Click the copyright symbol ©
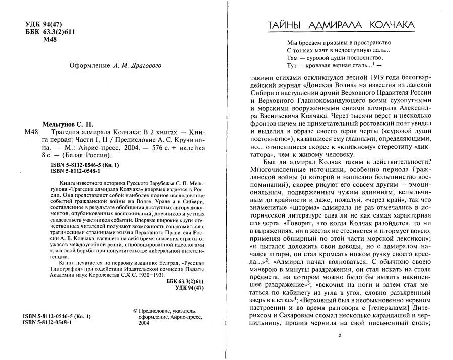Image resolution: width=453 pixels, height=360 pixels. [x=135, y=312]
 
